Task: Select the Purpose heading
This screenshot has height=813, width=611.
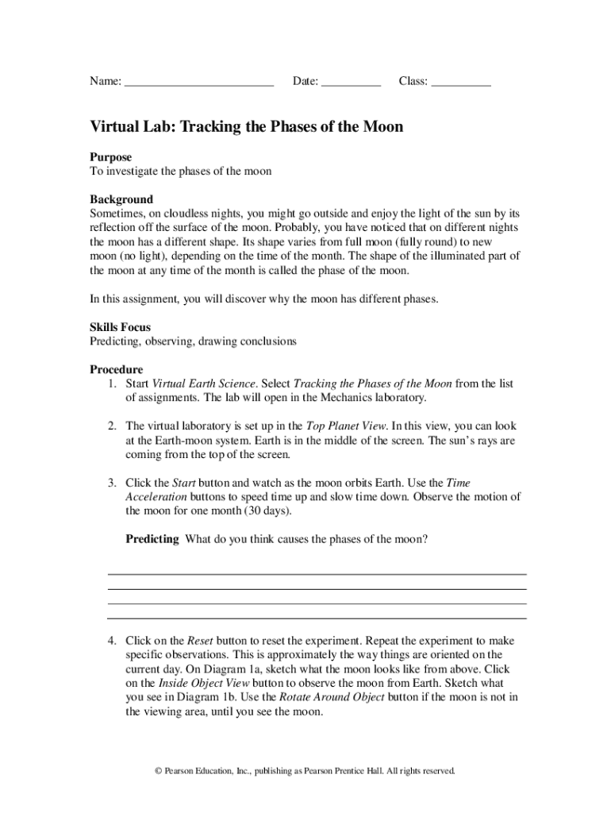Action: coord(110,157)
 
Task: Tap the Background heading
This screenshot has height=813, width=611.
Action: coord(121,199)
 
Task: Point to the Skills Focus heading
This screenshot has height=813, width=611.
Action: coord(120,327)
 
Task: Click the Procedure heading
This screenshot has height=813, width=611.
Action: coord(116,369)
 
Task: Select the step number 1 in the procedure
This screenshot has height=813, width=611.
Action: coord(113,384)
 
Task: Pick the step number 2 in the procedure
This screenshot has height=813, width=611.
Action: coord(113,426)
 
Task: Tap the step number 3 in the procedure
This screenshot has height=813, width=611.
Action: coord(113,483)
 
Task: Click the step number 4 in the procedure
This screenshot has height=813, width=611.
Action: coord(113,641)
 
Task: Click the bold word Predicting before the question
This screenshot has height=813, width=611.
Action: coord(152,539)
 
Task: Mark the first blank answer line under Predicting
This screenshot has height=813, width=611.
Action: coord(317,574)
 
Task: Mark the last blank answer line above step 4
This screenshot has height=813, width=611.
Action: coord(317,618)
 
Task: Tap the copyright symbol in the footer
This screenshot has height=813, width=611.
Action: coord(158,771)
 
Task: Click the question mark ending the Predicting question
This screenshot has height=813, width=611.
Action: coord(425,539)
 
